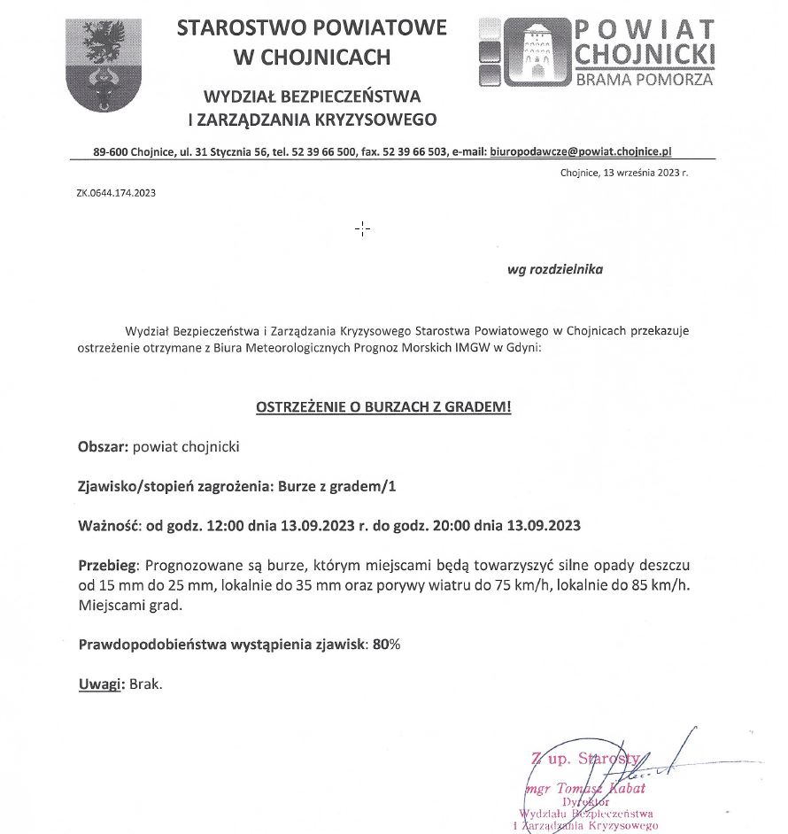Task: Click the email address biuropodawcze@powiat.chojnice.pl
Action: [x=581, y=151]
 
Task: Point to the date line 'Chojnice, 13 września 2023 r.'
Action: [x=624, y=173]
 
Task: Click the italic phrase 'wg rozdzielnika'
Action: [x=555, y=269]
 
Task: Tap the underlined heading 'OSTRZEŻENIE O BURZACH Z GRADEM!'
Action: [x=383, y=407]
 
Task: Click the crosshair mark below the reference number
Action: [x=362, y=229]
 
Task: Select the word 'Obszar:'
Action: [x=104, y=447]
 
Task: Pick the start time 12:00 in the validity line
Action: [x=223, y=525]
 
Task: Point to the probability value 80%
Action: [x=387, y=645]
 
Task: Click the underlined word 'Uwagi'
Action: [x=98, y=684]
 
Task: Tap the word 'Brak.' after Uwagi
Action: [x=146, y=684]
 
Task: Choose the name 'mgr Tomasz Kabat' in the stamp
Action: [x=573, y=789]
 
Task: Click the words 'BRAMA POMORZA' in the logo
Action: [x=645, y=79]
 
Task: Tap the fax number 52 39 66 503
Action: [x=415, y=151]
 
